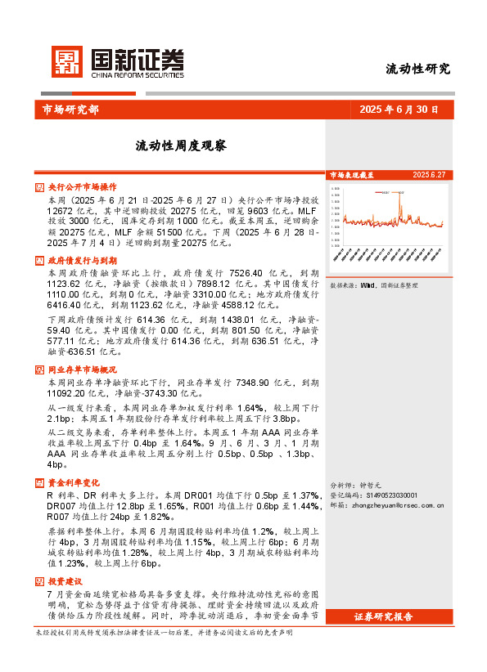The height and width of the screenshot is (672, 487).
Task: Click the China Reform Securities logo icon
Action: click(x=66, y=62)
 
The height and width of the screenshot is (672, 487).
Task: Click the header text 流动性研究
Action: click(x=417, y=69)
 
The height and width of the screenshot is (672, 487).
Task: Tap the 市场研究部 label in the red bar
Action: click(x=70, y=110)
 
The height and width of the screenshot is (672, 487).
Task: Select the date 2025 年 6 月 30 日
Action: click(x=399, y=110)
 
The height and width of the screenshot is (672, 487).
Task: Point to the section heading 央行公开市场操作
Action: click(x=82, y=187)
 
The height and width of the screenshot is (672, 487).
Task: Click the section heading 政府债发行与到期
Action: click(x=82, y=260)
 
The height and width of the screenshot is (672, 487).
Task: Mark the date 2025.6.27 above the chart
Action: click(x=429, y=175)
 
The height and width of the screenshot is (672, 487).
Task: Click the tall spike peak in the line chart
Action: click(x=399, y=193)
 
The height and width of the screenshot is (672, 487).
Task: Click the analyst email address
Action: click(x=396, y=506)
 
